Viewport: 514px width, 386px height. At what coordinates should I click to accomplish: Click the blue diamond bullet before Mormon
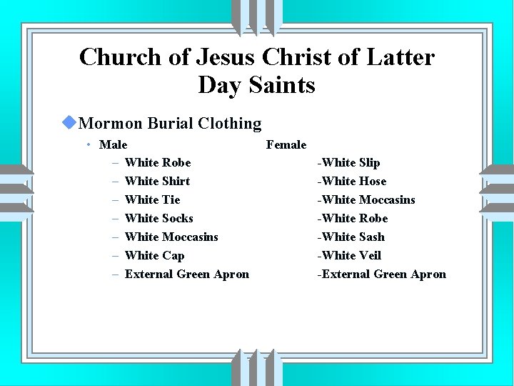click(69, 123)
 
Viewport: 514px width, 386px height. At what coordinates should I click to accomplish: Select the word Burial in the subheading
click(171, 124)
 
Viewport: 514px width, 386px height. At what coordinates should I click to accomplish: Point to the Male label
click(114, 144)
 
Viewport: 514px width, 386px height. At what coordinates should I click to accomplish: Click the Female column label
click(286, 144)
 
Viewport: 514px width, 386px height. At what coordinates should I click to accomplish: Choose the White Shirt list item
click(157, 182)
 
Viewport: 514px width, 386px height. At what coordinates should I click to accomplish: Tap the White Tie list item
click(152, 200)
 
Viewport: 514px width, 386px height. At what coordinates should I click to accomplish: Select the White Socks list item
click(158, 219)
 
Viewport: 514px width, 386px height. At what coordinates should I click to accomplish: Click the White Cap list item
click(154, 256)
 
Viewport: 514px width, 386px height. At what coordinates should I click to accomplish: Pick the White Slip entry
click(349, 163)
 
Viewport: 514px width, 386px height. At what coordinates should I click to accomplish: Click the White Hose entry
click(352, 182)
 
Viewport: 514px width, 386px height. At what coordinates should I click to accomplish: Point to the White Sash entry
click(351, 237)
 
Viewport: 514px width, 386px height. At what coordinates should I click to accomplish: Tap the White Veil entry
click(350, 256)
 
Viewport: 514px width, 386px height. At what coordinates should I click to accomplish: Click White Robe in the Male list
click(158, 163)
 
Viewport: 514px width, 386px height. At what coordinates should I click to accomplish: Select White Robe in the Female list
click(353, 219)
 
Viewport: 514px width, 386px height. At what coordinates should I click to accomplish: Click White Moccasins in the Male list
click(171, 237)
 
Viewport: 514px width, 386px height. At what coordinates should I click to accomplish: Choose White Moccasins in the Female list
click(366, 200)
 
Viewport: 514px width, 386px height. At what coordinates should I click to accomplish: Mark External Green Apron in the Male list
click(187, 274)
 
